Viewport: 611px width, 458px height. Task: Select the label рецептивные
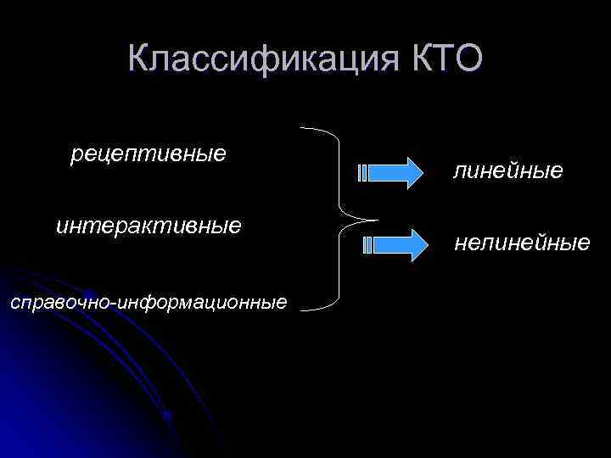(149, 154)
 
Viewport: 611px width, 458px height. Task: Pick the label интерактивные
(149, 226)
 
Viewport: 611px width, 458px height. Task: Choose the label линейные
(508, 171)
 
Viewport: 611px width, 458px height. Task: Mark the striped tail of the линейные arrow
(363, 173)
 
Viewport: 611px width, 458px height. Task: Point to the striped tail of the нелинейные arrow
(367, 245)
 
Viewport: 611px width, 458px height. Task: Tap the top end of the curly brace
(303, 128)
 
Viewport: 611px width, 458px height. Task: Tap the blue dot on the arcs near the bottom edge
(168, 416)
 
